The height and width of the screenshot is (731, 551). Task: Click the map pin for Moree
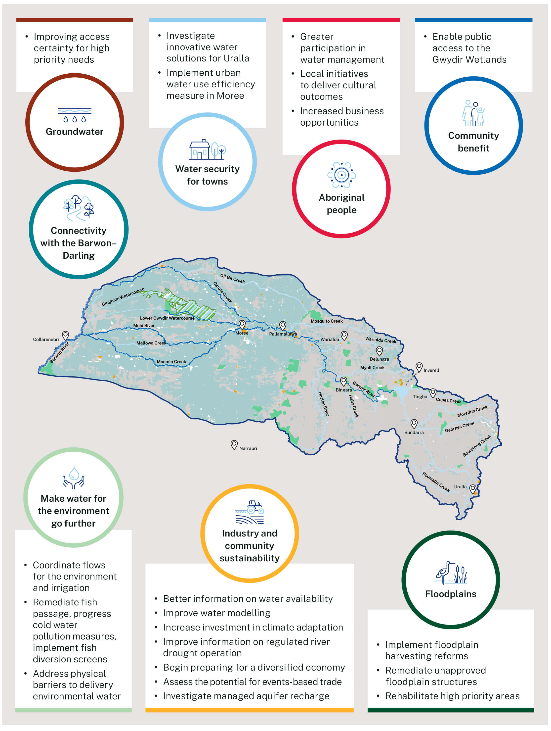(x=242, y=324)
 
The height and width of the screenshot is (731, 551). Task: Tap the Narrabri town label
(x=248, y=448)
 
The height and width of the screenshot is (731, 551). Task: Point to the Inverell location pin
(x=419, y=366)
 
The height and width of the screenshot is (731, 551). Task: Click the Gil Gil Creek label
(x=232, y=279)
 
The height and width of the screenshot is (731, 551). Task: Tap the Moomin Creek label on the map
(x=171, y=362)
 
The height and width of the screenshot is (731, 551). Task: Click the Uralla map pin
(x=473, y=488)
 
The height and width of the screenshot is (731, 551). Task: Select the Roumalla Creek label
(x=436, y=482)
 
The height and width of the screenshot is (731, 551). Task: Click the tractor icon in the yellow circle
(x=250, y=512)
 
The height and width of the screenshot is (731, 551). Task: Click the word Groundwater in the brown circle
(x=75, y=132)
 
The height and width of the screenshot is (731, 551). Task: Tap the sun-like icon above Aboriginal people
(x=341, y=175)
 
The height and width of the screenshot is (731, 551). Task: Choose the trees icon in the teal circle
(x=79, y=207)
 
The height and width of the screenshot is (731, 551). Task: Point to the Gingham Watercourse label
(x=123, y=297)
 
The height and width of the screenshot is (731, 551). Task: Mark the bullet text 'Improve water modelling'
(x=216, y=613)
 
